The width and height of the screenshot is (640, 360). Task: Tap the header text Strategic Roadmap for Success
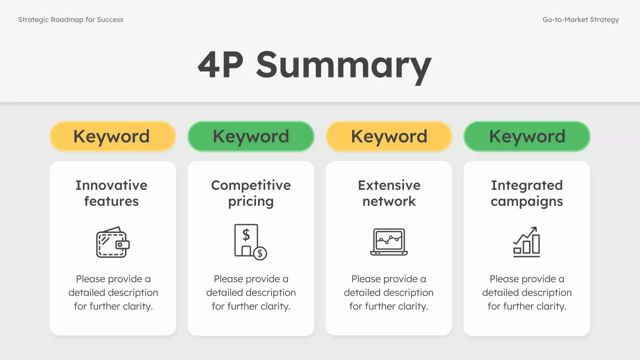point(70,20)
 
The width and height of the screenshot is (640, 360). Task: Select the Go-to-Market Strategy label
point(580,20)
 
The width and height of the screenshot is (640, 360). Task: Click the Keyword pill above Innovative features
point(112,136)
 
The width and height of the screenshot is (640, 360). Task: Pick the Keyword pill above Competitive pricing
point(251,136)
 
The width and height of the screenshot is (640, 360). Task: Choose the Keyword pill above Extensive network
point(389,136)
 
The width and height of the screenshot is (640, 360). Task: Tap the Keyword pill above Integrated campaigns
point(527,136)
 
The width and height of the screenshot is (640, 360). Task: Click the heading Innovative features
point(111,193)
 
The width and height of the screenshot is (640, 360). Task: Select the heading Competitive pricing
point(251,193)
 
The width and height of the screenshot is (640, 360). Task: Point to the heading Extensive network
point(389,193)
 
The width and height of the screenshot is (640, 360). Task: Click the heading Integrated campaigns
point(527,193)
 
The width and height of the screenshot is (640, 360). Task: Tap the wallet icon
point(112,242)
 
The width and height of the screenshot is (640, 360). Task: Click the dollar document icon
point(248,241)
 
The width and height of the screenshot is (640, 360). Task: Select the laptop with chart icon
point(389,242)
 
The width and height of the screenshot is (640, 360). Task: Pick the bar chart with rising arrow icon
point(526,242)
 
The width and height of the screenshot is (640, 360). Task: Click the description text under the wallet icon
point(113,292)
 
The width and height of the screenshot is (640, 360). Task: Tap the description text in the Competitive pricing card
point(251,292)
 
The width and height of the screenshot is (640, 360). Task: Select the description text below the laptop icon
point(388,292)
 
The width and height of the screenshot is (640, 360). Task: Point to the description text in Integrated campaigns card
point(527,292)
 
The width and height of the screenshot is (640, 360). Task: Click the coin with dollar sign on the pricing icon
point(259,253)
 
